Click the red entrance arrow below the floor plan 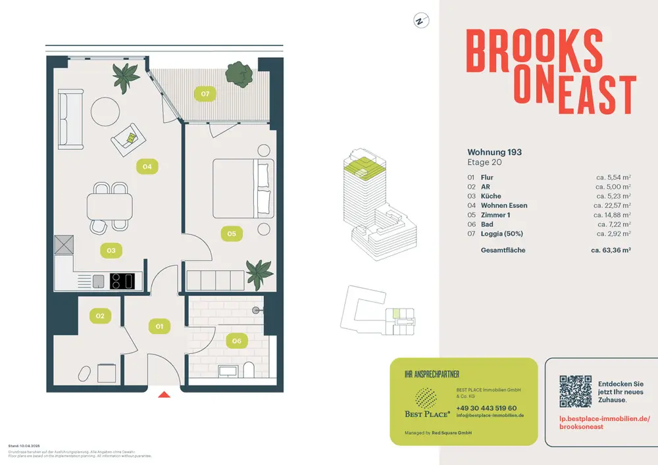(x=164, y=395)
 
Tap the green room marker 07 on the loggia (x=205, y=94)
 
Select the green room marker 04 (x=147, y=166)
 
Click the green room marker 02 (x=100, y=316)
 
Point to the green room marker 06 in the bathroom (x=236, y=341)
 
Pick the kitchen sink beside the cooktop (x=98, y=281)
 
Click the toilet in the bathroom (x=248, y=370)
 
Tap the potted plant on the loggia (x=240, y=74)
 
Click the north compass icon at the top (x=419, y=20)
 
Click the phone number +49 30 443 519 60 (x=486, y=408)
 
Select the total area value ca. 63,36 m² (x=611, y=251)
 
